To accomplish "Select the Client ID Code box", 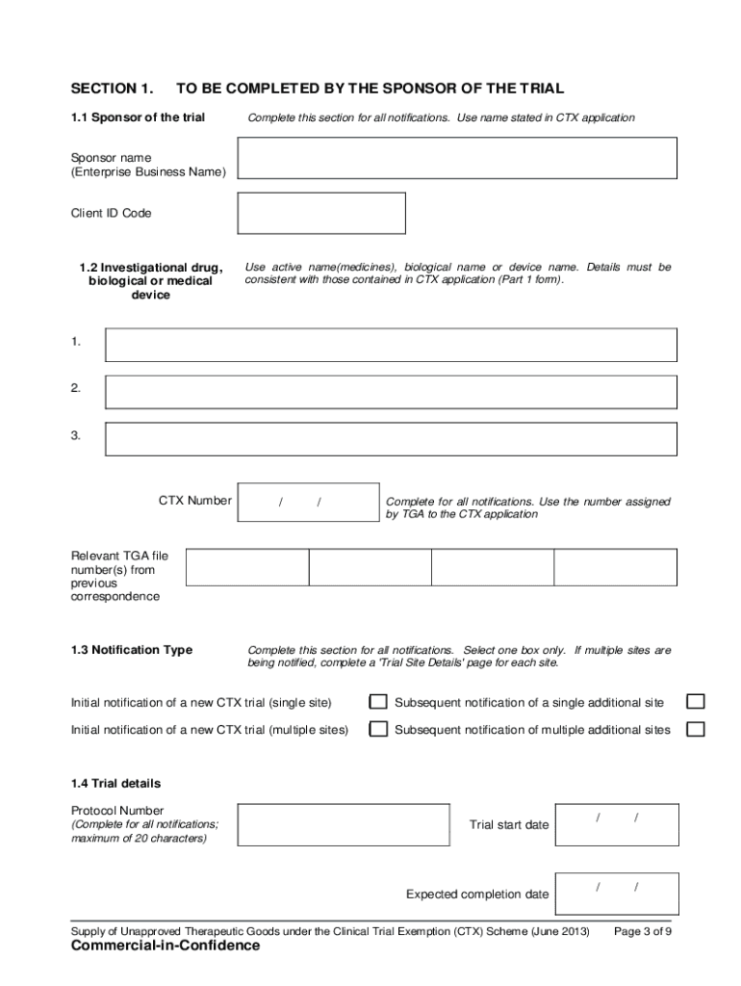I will (321, 213).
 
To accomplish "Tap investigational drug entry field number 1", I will (391, 345).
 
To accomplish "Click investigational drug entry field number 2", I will (391, 392).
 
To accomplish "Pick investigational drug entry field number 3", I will (391, 439).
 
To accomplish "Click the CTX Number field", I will (308, 502).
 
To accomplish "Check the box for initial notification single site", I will (379, 702).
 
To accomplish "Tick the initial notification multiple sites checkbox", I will (379, 729).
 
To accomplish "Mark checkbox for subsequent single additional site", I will (695, 702).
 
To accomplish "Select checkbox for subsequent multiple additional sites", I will (695, 729).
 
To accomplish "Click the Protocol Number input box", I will (344, 824).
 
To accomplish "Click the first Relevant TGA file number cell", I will (247, 567).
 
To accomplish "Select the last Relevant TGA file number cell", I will (615, 567).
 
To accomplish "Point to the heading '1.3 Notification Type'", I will (132, 650).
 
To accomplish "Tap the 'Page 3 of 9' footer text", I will (643, 932).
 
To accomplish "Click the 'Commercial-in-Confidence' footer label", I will (166, 947).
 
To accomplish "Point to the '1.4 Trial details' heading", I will (116, 783).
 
